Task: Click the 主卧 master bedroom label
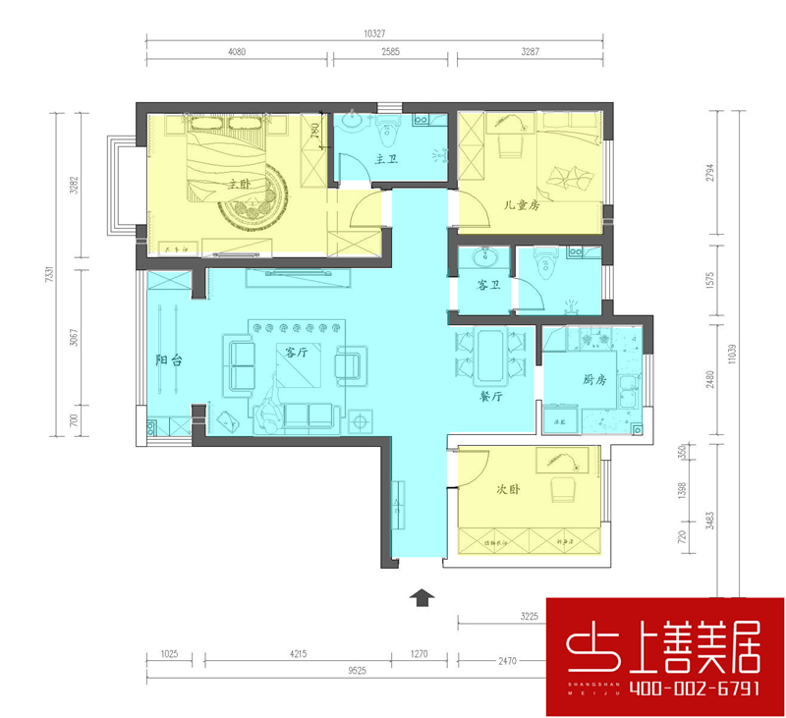240,184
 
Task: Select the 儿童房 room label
523,206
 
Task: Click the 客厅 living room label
298,353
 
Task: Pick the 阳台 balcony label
169,360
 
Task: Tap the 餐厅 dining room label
491,398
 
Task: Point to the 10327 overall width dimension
373,33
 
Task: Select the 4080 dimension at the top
240,52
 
